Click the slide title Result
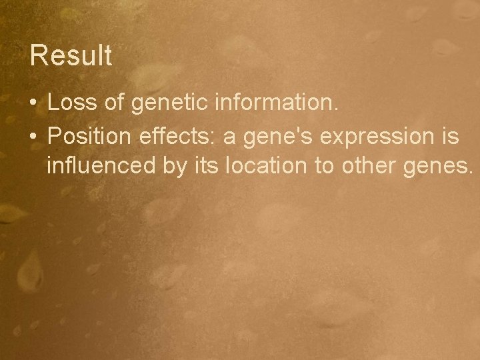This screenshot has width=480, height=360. (71, 56)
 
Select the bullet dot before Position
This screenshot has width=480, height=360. (33, 137)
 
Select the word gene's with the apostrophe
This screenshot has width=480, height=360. (272, 137)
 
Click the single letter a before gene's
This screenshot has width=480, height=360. (228, 137)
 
